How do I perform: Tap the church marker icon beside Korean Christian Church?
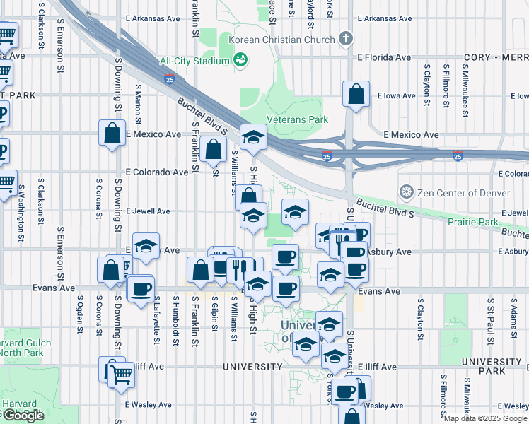coord(346,38)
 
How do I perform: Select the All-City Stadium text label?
coord(194,61)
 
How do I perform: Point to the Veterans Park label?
coord(297,119)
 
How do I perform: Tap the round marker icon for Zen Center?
coord(406,192)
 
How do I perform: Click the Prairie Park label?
coord(473,221)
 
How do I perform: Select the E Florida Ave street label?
coord(384,57)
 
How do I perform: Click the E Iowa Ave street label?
coord(399,95)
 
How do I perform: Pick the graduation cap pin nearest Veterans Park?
coord(252,137)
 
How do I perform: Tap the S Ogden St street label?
coord(77,319)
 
